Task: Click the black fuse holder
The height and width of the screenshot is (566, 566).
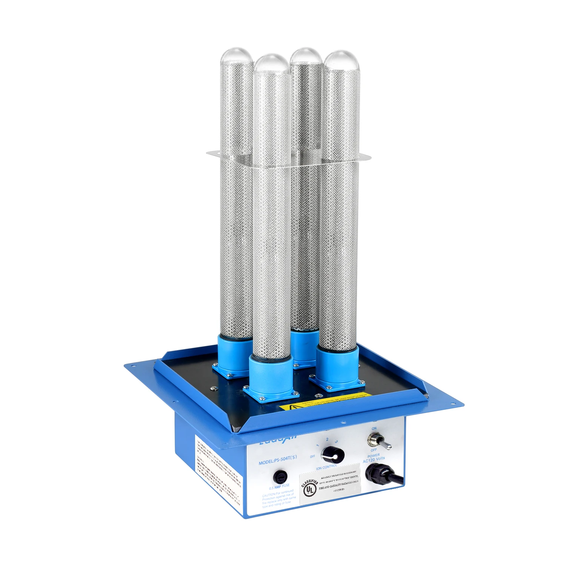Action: coord(280,477)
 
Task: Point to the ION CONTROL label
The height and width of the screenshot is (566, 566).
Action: coord(327,467)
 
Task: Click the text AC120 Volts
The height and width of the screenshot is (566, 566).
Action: coord(374,460)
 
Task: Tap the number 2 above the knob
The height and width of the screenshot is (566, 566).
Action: coord(327,440)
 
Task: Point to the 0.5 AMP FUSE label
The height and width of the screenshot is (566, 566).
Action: coord(279,487)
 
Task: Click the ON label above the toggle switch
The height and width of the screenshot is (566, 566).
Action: coord(374,429)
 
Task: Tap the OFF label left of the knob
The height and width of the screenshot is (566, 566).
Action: coord(312,457)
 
